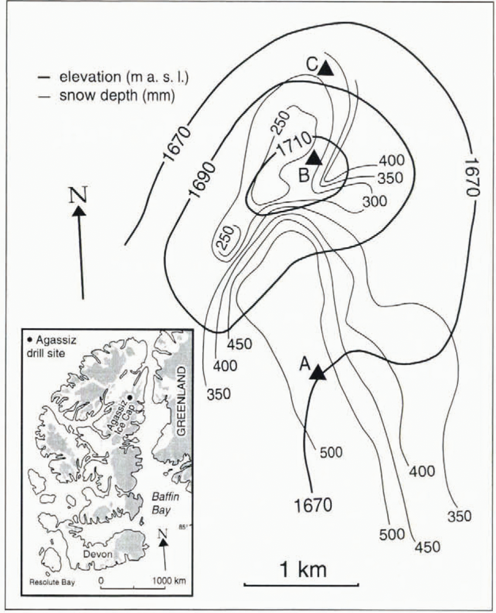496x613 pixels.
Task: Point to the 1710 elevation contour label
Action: coord(294,145)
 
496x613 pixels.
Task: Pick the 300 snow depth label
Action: coord(374,201)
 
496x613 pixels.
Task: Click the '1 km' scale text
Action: coord(303,570)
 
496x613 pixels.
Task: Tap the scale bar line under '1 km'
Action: coord(301,584)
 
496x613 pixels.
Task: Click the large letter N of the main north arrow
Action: coord(78,195)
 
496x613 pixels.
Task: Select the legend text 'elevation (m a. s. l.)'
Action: coord(124,77)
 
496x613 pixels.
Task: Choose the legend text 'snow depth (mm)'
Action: coord(117,96)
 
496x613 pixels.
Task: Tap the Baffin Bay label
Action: coord(165,503)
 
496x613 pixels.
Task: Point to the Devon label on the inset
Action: coord(98,554)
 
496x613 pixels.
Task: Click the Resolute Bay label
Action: coord(52,582)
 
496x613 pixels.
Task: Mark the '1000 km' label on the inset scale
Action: coord(169,581)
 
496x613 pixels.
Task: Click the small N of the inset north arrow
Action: coord(163,533)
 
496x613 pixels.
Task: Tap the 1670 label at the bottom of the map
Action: coord(313,505)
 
